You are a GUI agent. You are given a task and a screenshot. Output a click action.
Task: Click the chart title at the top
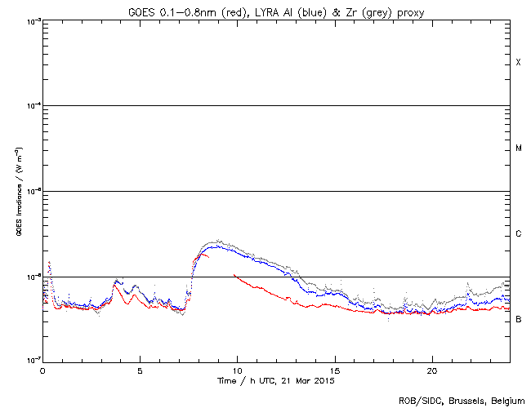tap(275, 10)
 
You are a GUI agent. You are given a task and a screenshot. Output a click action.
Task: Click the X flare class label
tap(518, 63)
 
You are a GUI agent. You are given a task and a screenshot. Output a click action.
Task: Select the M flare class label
tap(518, 149)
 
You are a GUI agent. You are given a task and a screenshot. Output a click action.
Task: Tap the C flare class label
tap(518, 234)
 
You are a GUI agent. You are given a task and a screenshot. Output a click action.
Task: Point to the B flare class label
tap(518, 319)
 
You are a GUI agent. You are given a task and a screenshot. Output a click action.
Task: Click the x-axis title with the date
tap(275, 380)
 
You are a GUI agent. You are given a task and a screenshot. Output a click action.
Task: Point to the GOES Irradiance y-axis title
tap(18, 191)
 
